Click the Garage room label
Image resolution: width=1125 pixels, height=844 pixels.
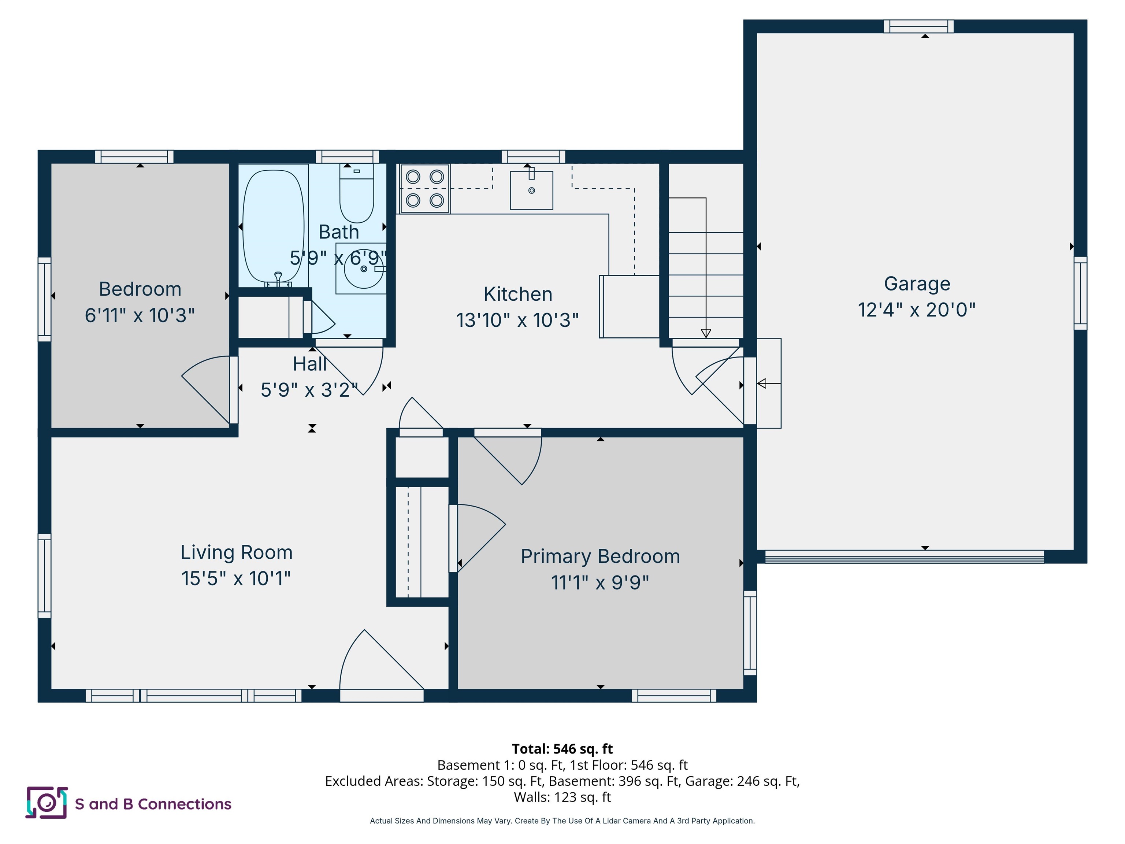[x=917, y=284]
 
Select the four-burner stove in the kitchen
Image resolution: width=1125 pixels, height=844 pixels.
[x=425, y=189]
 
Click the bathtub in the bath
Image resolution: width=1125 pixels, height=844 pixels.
[x=273, y=226]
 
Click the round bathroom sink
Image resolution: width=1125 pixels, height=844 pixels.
[x=363, y=269]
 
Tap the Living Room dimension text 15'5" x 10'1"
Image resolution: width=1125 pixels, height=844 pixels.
[x=236, y=578]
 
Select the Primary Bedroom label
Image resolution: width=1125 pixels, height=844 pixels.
[x=600, y=556]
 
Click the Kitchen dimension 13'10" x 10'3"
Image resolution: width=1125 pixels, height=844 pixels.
[x=517, y=321]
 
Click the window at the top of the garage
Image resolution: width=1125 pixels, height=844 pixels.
[x=918, y=26]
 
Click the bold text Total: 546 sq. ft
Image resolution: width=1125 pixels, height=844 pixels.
[x=562, y=749]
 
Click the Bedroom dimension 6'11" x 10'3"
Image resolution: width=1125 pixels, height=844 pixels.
[x=140, y=315]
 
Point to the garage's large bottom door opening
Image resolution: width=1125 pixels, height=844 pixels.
[x=904, y=556]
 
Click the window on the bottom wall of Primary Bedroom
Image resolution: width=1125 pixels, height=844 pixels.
[x=674, y=695]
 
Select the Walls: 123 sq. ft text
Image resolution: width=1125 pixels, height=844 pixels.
[x=562, y=797]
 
